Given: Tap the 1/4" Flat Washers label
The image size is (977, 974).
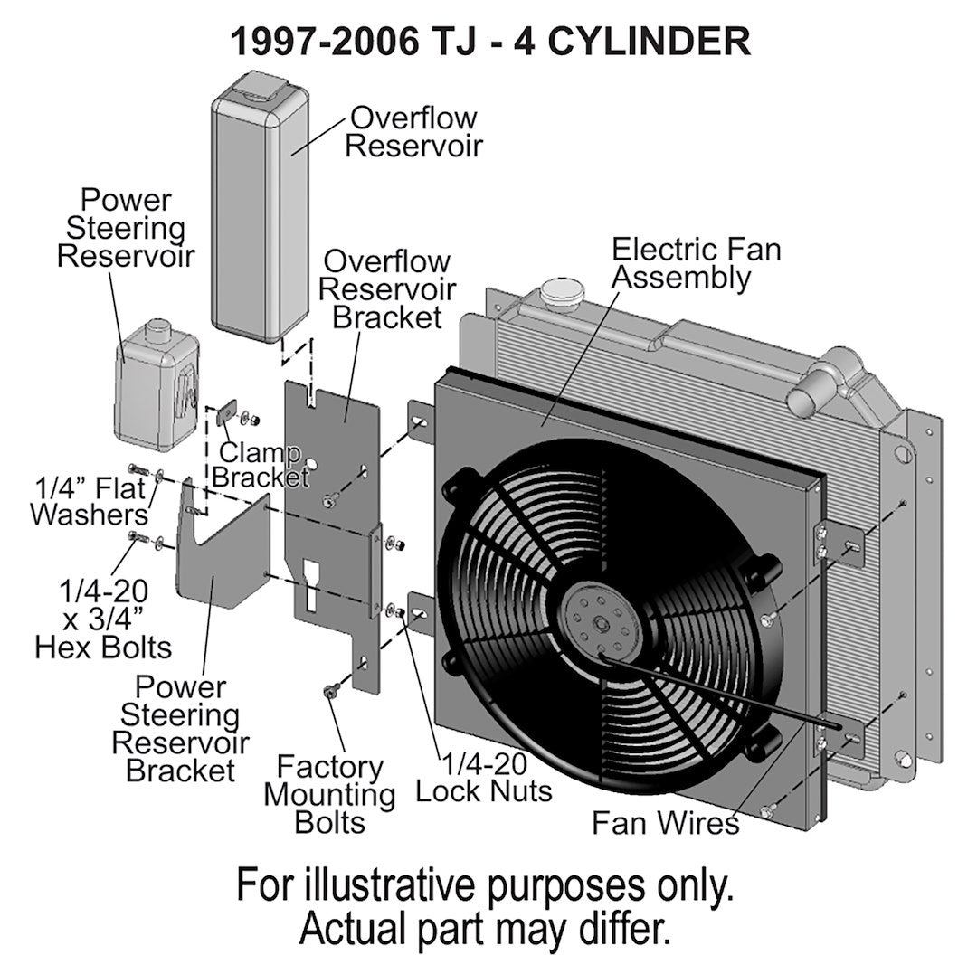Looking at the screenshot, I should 89,501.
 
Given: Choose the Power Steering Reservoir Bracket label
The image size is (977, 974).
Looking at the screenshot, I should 180,728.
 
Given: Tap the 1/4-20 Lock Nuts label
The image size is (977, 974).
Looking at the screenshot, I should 483,778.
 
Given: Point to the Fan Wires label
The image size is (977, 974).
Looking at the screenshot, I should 665,823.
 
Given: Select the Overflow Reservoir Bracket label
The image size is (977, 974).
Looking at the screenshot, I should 386,289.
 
